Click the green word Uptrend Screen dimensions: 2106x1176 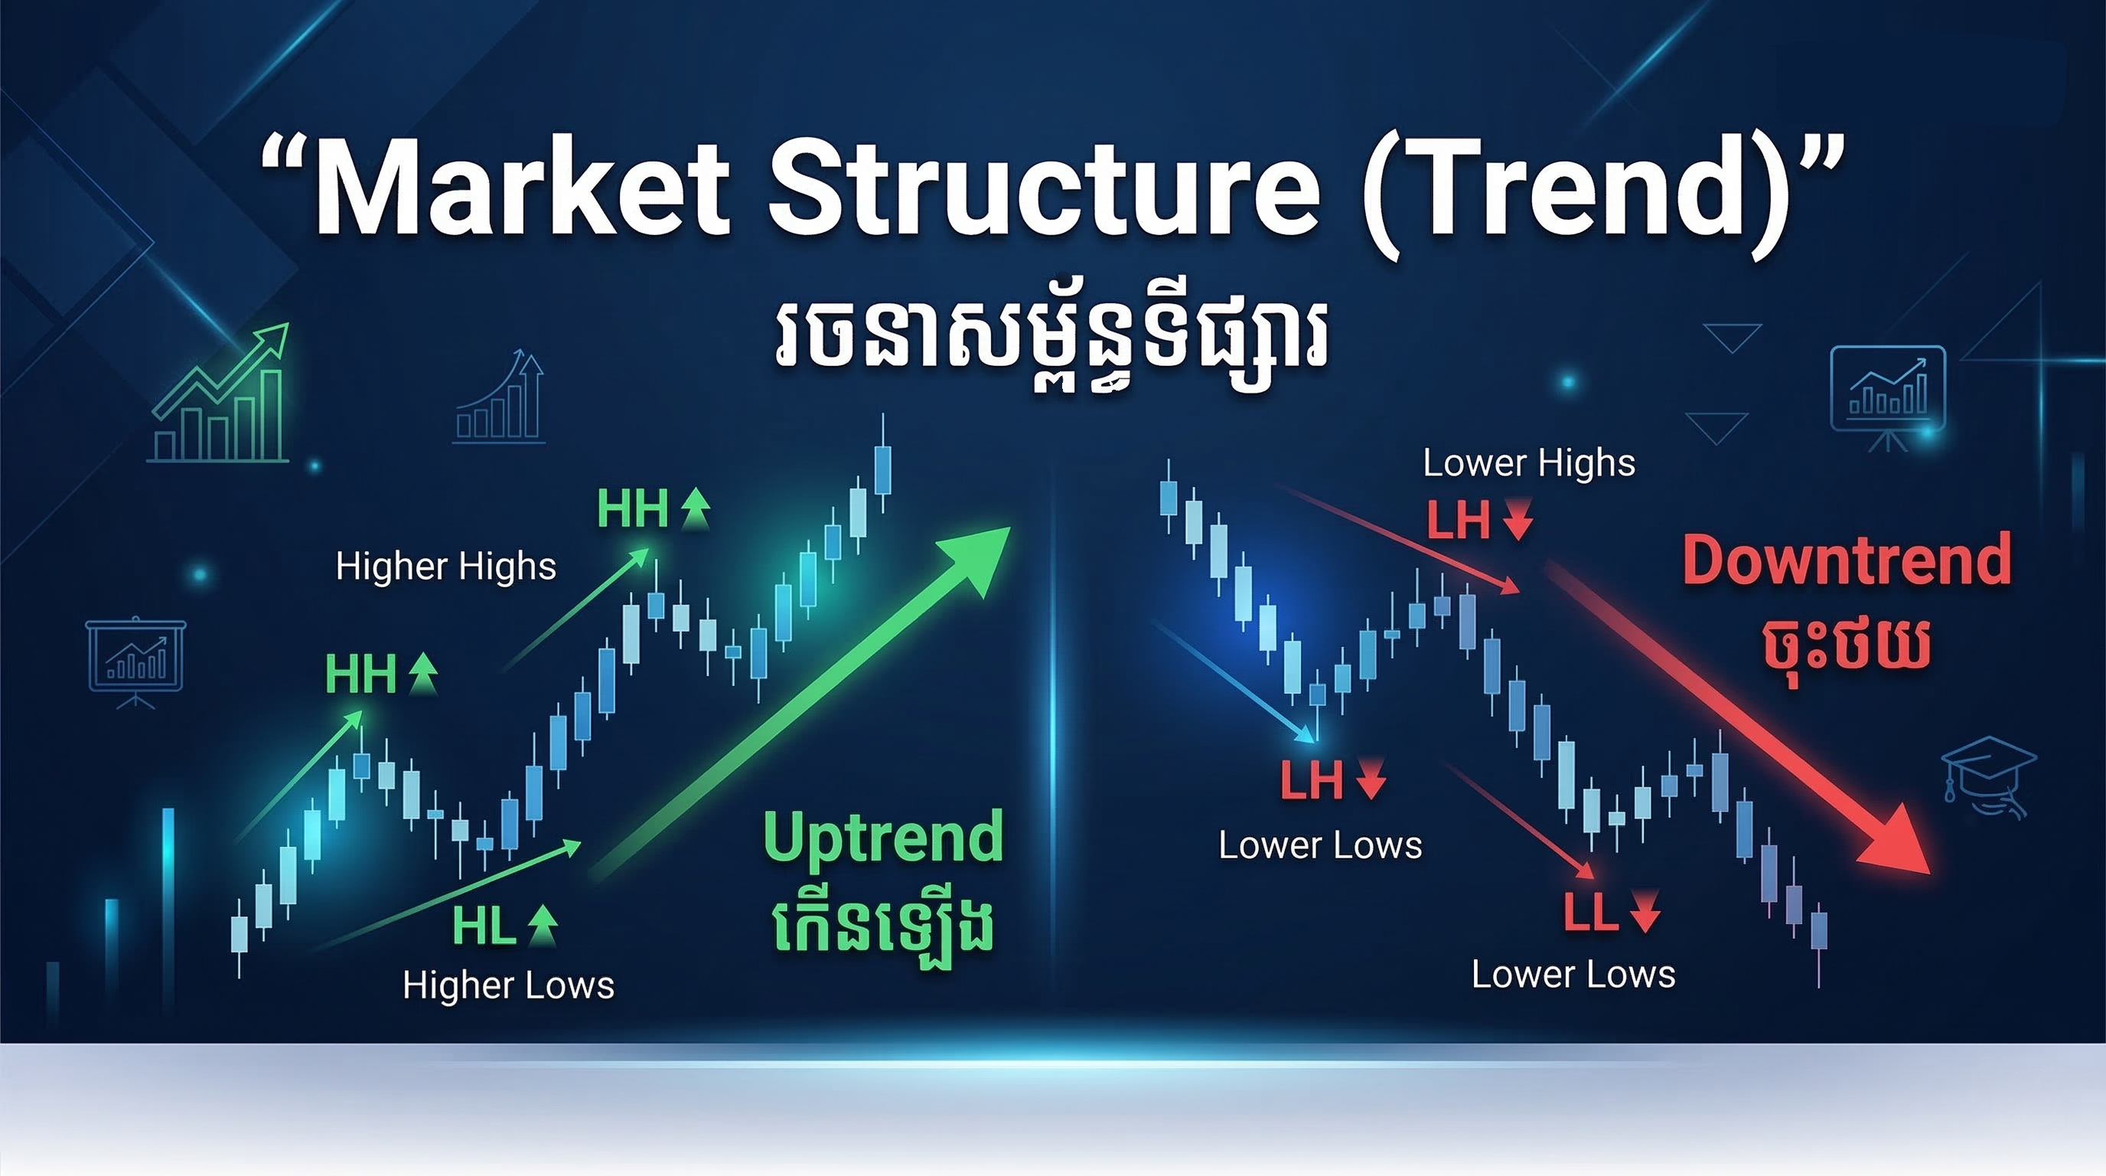883,838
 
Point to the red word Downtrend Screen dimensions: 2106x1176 1847,560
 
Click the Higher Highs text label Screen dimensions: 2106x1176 445,567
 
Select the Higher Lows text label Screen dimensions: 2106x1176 507,985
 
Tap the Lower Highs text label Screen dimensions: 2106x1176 1529,463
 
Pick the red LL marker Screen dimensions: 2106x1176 1591,912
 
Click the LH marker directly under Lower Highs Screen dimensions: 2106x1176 1459,519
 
